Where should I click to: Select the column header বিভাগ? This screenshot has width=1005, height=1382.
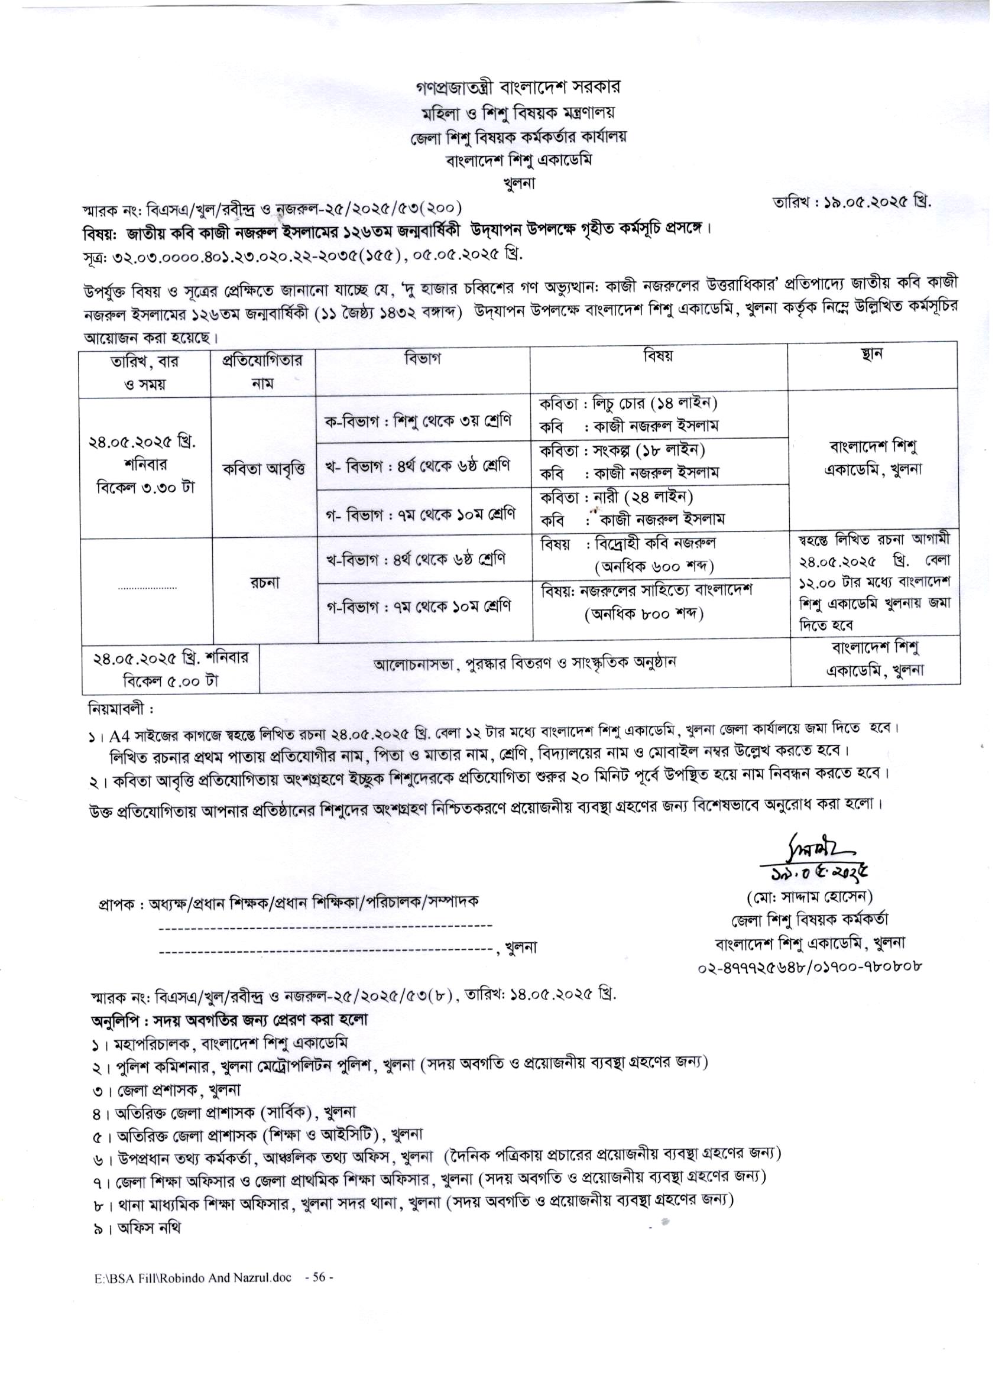422,358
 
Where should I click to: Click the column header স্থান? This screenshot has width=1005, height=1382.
873,354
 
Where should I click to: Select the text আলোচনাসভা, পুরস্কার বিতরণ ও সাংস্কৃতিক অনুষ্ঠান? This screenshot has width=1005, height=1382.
525,662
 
